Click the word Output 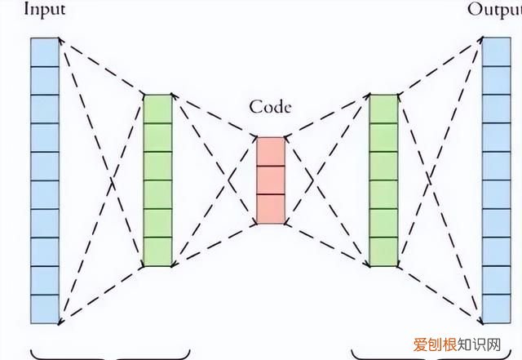tap(494, 10)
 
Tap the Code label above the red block tap(270, 107)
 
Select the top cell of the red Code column tap(271, 151)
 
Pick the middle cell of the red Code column tap(271, 180)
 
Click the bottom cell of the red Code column tap(271, 208)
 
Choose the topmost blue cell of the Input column tap(46, 51)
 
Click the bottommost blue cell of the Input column tap(46, 308)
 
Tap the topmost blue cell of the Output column tap(495, 51)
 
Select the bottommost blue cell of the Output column tap(495, 308)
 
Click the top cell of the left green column tap(158, 109)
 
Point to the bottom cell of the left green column tap(158, 251)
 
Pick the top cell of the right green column tap(383, 109)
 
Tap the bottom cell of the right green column tap(383, 251)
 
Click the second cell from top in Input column tap(46, 79)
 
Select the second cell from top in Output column tap(495, 79)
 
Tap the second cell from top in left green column tap(158, 137)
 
